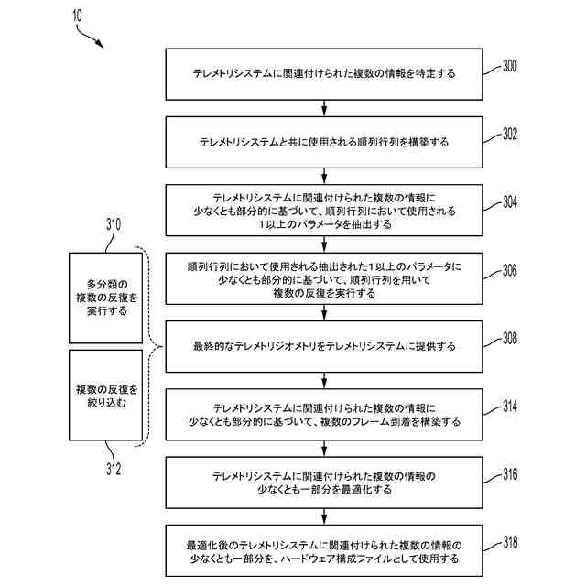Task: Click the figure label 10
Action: coord(74,16)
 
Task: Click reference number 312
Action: coord(114,470)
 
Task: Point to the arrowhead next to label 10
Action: coord(100,45)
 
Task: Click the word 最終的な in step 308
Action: coord(212,346)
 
